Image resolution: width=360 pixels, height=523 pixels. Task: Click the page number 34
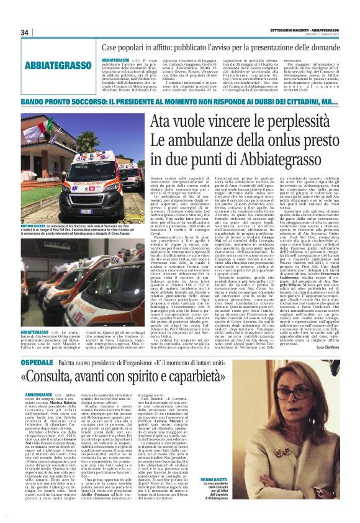[25, 32]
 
